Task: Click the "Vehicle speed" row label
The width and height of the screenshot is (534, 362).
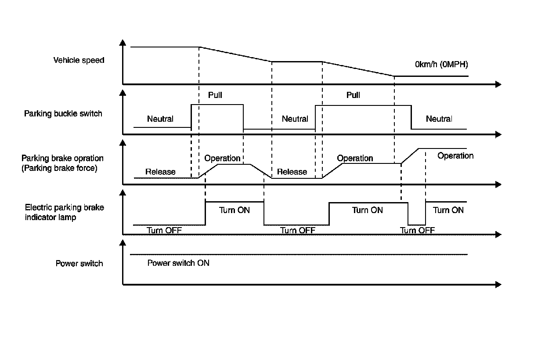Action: [x=79, y=60]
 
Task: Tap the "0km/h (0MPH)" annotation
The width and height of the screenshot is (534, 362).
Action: [x=441, y=65]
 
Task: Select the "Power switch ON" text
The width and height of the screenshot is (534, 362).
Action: [x=178, y=263]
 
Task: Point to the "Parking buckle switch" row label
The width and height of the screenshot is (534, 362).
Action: [x=63, y=114]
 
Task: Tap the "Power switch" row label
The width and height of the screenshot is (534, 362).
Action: [x=79, y=264]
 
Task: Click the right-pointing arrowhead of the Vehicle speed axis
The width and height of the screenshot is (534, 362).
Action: [x=498, y=84]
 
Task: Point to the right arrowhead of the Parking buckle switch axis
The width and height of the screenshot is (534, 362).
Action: [x=498, y=134]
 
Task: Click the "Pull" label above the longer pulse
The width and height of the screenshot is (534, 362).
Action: [x=353, y=95]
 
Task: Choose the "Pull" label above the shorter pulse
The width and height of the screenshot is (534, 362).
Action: [x=215, y=95]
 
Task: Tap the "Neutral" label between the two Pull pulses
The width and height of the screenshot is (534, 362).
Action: [x=295, y=119]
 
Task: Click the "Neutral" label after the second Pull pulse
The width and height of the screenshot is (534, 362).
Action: [x=439, y=119]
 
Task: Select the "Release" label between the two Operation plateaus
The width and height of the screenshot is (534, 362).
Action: [x=292, y=172]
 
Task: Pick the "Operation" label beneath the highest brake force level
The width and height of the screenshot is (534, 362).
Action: [x=455, y=156]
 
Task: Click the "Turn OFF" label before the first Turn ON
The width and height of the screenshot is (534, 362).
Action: [x=164, y=230]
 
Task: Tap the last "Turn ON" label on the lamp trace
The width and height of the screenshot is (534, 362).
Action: [x=448, y=210]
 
